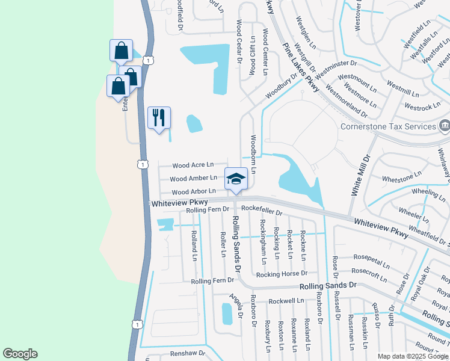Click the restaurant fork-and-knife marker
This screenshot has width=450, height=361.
(x=159, y=117)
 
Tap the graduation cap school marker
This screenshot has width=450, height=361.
(x=236, y=178)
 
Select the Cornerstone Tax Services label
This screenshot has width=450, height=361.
(x=388, y=126)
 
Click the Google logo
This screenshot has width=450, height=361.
(x=20, y=354)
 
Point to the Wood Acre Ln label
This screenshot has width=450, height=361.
(x=193, y=165)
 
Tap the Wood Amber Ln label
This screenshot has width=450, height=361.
(x=193, y=179)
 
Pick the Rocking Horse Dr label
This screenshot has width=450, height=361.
(x=281, y=274)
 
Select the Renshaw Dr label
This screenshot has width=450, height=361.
(x=188, y=354)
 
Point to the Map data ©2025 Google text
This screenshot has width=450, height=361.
(x=413, y=356)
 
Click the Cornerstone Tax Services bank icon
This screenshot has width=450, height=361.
(x=444, y=126)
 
